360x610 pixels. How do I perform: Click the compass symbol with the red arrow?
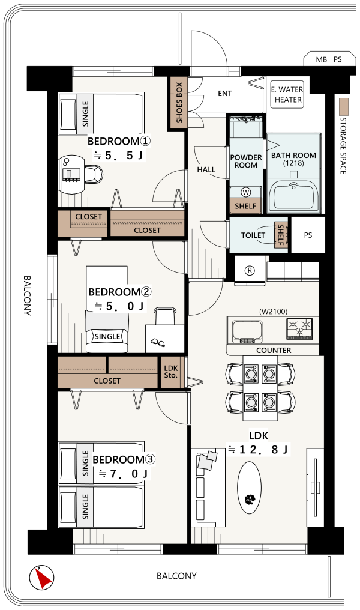tap(41, 578)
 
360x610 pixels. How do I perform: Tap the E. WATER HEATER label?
tap(287, 94)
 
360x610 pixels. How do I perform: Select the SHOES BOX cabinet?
tap(179, 103)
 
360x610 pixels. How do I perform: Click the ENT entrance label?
tap(225, 94)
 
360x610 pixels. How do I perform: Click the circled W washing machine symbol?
tap(246, 192)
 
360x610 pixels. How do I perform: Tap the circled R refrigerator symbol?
tap(250, 270)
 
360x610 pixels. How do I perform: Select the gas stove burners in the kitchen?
tap(299, 329)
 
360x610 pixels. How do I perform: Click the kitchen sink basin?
tap(247, 331)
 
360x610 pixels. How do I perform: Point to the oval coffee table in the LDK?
tap(249, 487)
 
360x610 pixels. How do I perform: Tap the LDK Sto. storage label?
tap(170, 372)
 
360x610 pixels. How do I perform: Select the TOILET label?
tap(253, 235)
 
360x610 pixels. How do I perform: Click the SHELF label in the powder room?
tap(245, 206)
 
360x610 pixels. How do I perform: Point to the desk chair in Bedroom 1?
tap(94, 174)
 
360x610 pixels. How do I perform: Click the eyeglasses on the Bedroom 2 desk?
tap(158, 342)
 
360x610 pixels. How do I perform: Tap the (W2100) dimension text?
tap(274, 311)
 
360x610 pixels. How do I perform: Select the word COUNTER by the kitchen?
tap(274, 350)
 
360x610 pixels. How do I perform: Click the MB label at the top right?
tap(322, 59)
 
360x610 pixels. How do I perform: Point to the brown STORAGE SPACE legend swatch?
tap(343, 106)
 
